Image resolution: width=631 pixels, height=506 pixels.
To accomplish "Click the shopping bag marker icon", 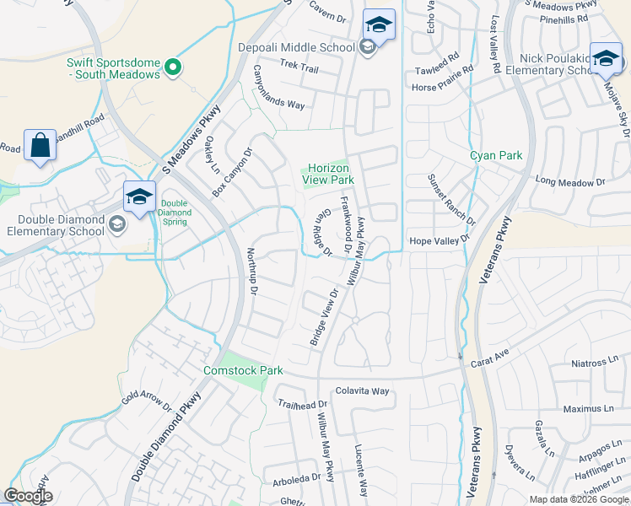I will click(40, 146).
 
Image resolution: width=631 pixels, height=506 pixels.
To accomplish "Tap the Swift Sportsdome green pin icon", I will click(173, 67).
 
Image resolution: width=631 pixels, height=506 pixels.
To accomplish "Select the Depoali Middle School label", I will click(296, 47).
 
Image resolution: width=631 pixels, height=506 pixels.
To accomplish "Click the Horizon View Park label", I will click(327, 174).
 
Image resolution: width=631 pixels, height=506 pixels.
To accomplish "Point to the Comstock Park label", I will click(243, 370).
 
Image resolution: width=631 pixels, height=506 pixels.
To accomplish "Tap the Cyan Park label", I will click(496, 155).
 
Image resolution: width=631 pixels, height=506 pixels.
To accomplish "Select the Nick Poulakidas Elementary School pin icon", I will click(606, 58).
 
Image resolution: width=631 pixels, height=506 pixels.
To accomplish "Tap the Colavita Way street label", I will click(362, 390).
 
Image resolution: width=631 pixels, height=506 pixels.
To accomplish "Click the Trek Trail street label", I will click(299, 68).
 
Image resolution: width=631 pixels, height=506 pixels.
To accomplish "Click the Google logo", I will click(29, 496).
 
